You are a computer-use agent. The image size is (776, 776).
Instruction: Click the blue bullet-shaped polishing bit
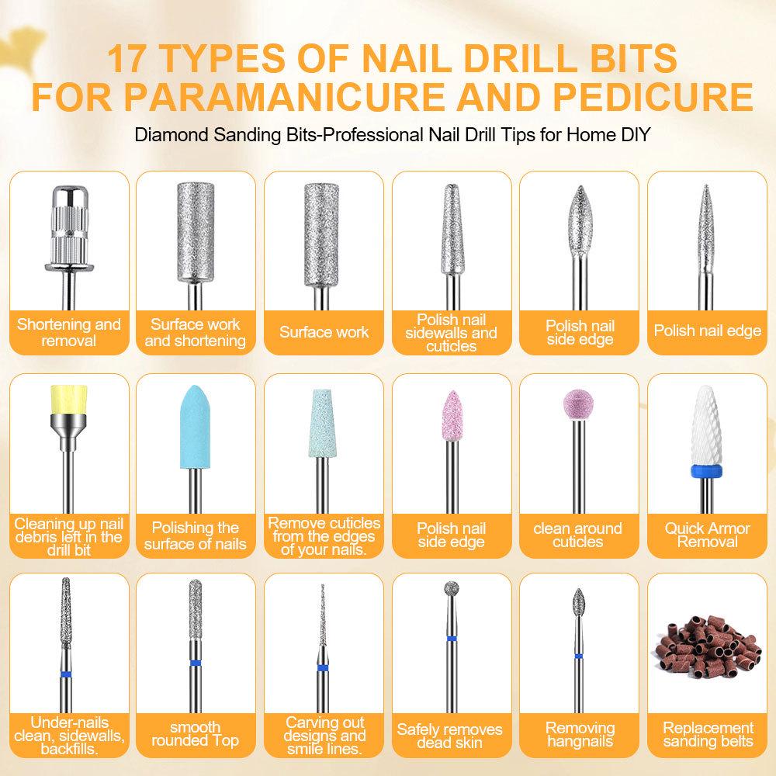195,427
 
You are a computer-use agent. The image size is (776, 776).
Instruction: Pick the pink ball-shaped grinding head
577,404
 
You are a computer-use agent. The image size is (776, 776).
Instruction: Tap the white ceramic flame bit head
707,425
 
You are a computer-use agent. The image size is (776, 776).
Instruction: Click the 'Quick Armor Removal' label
707,535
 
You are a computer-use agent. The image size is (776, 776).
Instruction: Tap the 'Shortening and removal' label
69,333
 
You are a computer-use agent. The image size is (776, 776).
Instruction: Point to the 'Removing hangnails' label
580,734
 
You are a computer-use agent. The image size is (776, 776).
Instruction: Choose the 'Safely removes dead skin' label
450,736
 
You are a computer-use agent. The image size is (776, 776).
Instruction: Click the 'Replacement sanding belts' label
708,734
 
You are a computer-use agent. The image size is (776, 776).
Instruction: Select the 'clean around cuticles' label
577,535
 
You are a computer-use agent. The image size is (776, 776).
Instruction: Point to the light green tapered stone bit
323,424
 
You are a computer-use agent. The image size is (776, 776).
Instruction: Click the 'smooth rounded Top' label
195,734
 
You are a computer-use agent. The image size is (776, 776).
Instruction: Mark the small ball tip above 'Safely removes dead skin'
452,588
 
